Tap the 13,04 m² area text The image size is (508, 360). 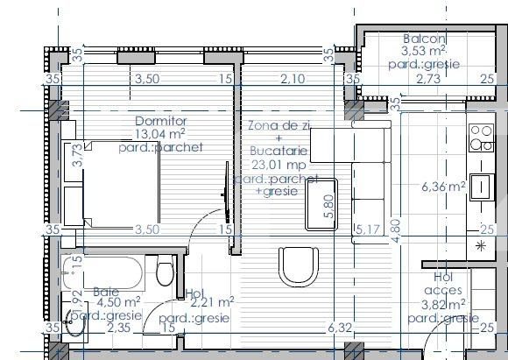click(159, 134)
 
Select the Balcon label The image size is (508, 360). click(425, 39)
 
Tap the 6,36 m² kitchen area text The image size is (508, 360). click(443, 187)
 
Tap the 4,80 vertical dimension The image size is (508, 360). click(395, 225)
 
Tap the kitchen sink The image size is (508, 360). click(480, 186)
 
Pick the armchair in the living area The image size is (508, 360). click(294, 262)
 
